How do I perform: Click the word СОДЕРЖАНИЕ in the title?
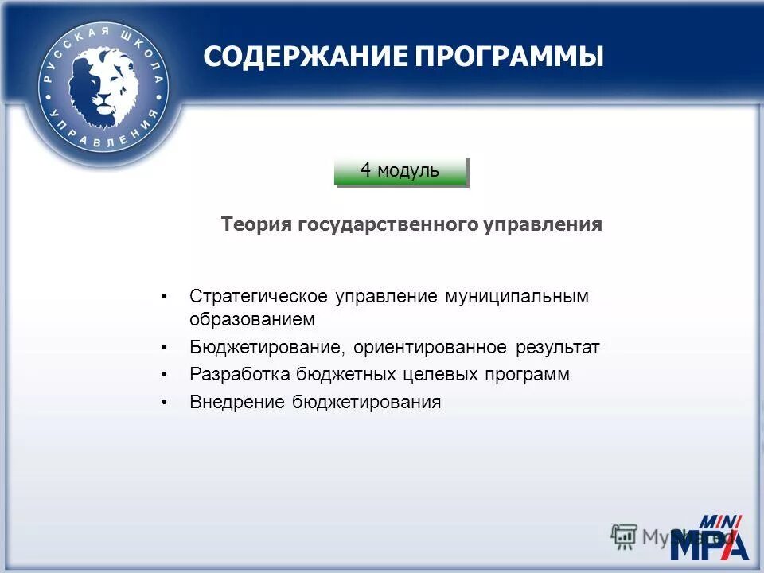306,57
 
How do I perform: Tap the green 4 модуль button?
400,170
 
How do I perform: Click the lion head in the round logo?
102,84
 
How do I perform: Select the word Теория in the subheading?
257,225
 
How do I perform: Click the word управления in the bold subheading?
543,225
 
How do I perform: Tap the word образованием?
252,320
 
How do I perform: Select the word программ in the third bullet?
525,375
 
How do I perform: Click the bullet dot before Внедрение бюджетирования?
165,403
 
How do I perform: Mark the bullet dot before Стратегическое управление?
165,298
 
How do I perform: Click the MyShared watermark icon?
624,536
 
